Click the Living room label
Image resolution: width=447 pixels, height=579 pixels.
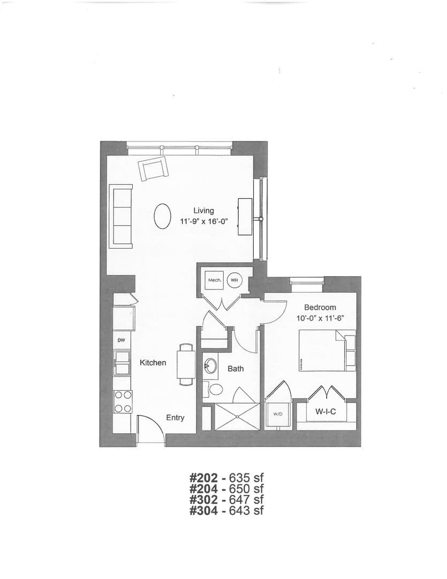[203, 211]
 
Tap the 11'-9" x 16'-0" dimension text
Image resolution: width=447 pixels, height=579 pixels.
[203, 221]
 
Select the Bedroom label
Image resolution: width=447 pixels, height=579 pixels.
[320, 307]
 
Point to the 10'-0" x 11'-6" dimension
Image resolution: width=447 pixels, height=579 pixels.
[320, 318]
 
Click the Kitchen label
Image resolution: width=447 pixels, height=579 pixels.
[153, 363]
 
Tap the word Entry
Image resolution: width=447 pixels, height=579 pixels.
[175, 418]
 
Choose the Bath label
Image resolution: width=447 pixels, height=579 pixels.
[236, 369]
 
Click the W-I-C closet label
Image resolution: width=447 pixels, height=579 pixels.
[325, 412]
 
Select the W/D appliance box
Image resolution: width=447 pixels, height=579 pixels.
[277, 414]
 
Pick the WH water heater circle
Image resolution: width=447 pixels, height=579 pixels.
[234, 280]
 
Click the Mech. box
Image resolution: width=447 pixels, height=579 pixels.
[215, 280]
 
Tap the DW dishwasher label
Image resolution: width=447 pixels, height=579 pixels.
[121, 341]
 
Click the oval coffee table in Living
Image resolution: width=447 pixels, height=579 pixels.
[163, 217]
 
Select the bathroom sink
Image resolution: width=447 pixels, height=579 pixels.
[209, 368]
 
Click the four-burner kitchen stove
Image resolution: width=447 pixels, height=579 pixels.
[123, 402]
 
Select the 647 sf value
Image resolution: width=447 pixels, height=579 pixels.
[247, 499]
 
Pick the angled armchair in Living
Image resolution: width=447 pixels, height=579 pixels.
[154, 169]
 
